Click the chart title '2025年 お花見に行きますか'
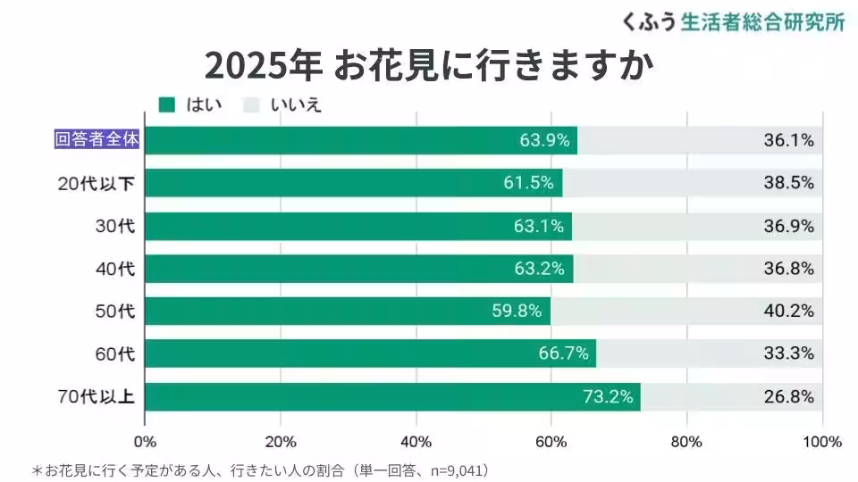(428, 64)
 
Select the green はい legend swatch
(166, 104)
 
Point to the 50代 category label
(114, 312)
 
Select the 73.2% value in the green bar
(608, 397)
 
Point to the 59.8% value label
(517, 312)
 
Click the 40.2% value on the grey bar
(788, 312)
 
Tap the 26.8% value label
(788, 397)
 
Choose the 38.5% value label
(788, 183)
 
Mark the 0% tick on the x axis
(145, 442)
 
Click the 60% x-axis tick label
(551, 442)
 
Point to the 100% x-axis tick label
(822, 442)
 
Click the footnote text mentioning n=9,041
(262, 470)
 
